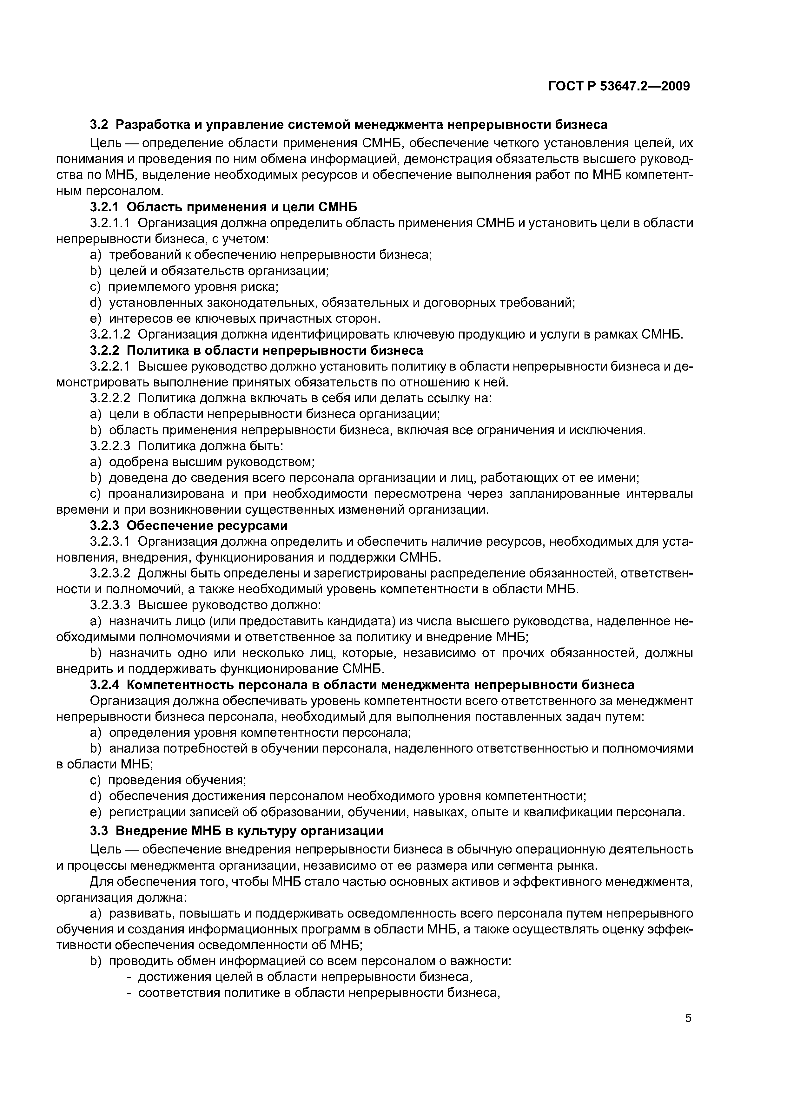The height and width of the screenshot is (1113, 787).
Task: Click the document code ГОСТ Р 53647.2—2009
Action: tap(619, 86)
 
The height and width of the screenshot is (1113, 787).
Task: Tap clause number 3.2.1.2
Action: tap(110, 334)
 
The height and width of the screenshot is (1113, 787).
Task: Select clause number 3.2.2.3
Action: tap(110, 446)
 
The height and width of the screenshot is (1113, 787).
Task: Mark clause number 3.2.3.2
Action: tap(110, 573)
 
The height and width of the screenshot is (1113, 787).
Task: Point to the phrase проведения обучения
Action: tap(177, 780)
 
